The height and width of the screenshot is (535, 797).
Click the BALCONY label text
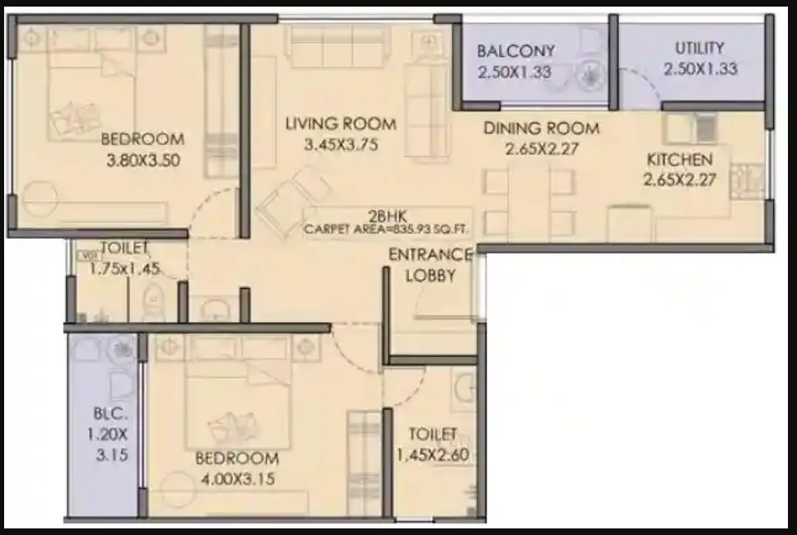coord(516,51)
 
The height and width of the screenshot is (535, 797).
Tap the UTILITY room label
coord(699,48)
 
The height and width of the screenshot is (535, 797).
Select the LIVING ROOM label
coord(340,124)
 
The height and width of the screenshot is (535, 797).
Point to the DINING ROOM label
coord(541,128)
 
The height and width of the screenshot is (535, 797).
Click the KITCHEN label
coord(679,160)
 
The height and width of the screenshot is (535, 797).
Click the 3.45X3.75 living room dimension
coord(340,147)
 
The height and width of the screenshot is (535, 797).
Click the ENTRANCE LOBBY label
coord(430,265)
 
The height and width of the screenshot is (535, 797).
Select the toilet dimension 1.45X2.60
coord(433,454)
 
